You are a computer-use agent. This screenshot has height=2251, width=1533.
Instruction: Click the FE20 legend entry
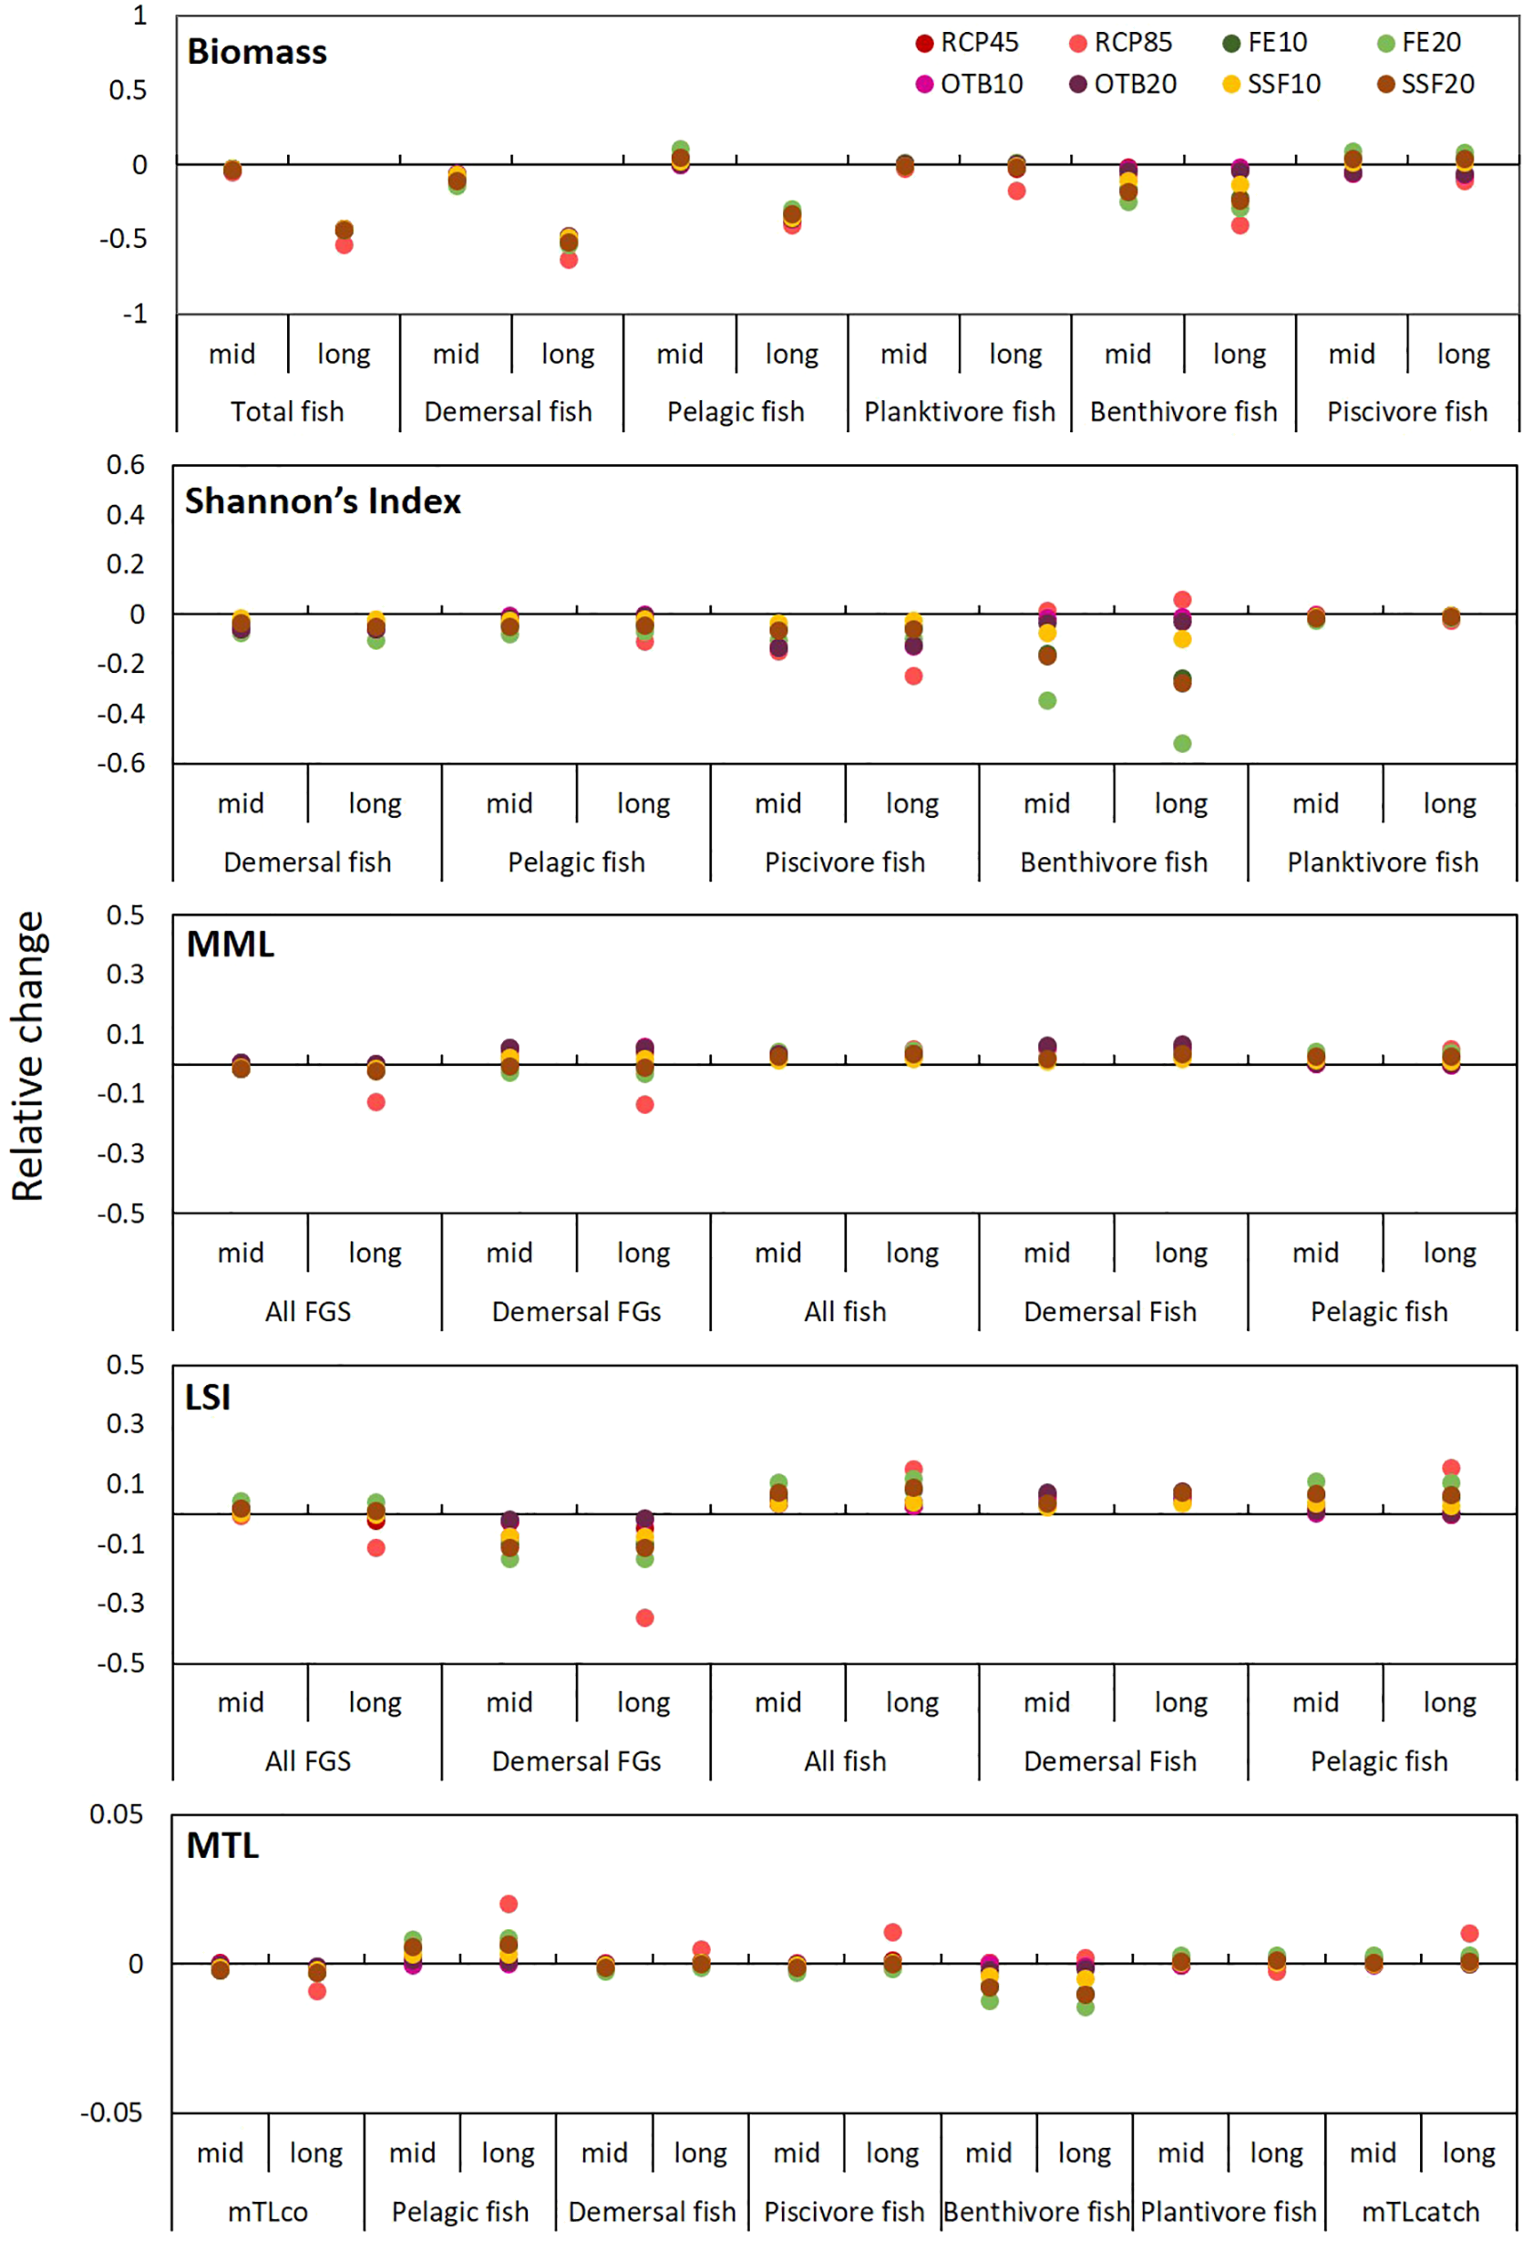click(1420, 43)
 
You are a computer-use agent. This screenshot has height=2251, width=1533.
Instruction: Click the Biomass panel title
click(257, 52)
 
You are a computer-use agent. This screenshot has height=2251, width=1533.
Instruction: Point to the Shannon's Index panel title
click(323, 501)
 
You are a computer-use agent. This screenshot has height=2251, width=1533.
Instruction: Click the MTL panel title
click(222, 1845)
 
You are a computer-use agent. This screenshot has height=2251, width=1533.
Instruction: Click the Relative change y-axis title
click(28, 1056)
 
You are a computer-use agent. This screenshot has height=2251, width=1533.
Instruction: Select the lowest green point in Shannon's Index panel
click(1181, 744)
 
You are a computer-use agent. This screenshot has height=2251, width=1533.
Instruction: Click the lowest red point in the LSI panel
click(644, 1617)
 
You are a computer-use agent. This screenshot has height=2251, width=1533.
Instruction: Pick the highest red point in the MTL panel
click(509, 1905)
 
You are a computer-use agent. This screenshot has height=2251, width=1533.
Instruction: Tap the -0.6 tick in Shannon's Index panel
click(121, 764)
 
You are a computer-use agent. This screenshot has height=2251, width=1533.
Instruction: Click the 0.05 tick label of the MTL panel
click(117, 1814)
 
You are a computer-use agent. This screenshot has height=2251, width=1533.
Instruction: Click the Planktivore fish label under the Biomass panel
click(959, 413)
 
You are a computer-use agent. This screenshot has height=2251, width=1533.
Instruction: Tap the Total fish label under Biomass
click(287, 413)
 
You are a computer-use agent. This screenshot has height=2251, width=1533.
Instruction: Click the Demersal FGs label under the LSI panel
click(576, 1761)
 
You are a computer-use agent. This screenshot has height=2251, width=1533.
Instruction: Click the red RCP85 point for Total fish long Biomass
click(344, 245)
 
